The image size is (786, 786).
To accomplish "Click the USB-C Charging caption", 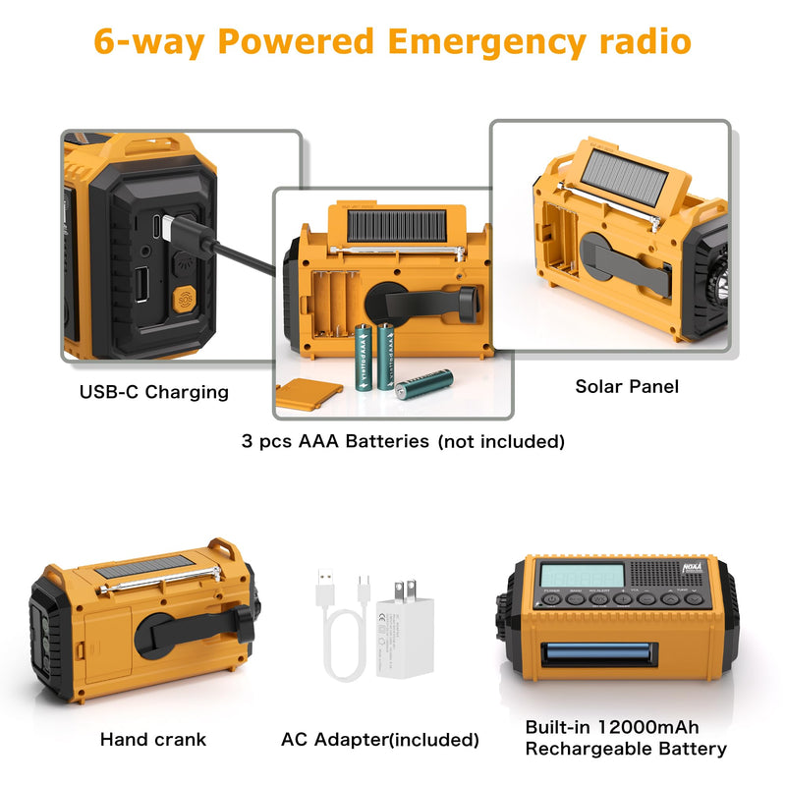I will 154,392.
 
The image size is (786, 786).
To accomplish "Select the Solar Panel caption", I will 627,386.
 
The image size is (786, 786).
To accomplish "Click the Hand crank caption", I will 153,739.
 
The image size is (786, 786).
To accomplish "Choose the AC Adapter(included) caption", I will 380,739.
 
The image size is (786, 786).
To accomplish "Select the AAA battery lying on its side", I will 424,382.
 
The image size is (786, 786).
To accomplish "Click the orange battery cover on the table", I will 309,395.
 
